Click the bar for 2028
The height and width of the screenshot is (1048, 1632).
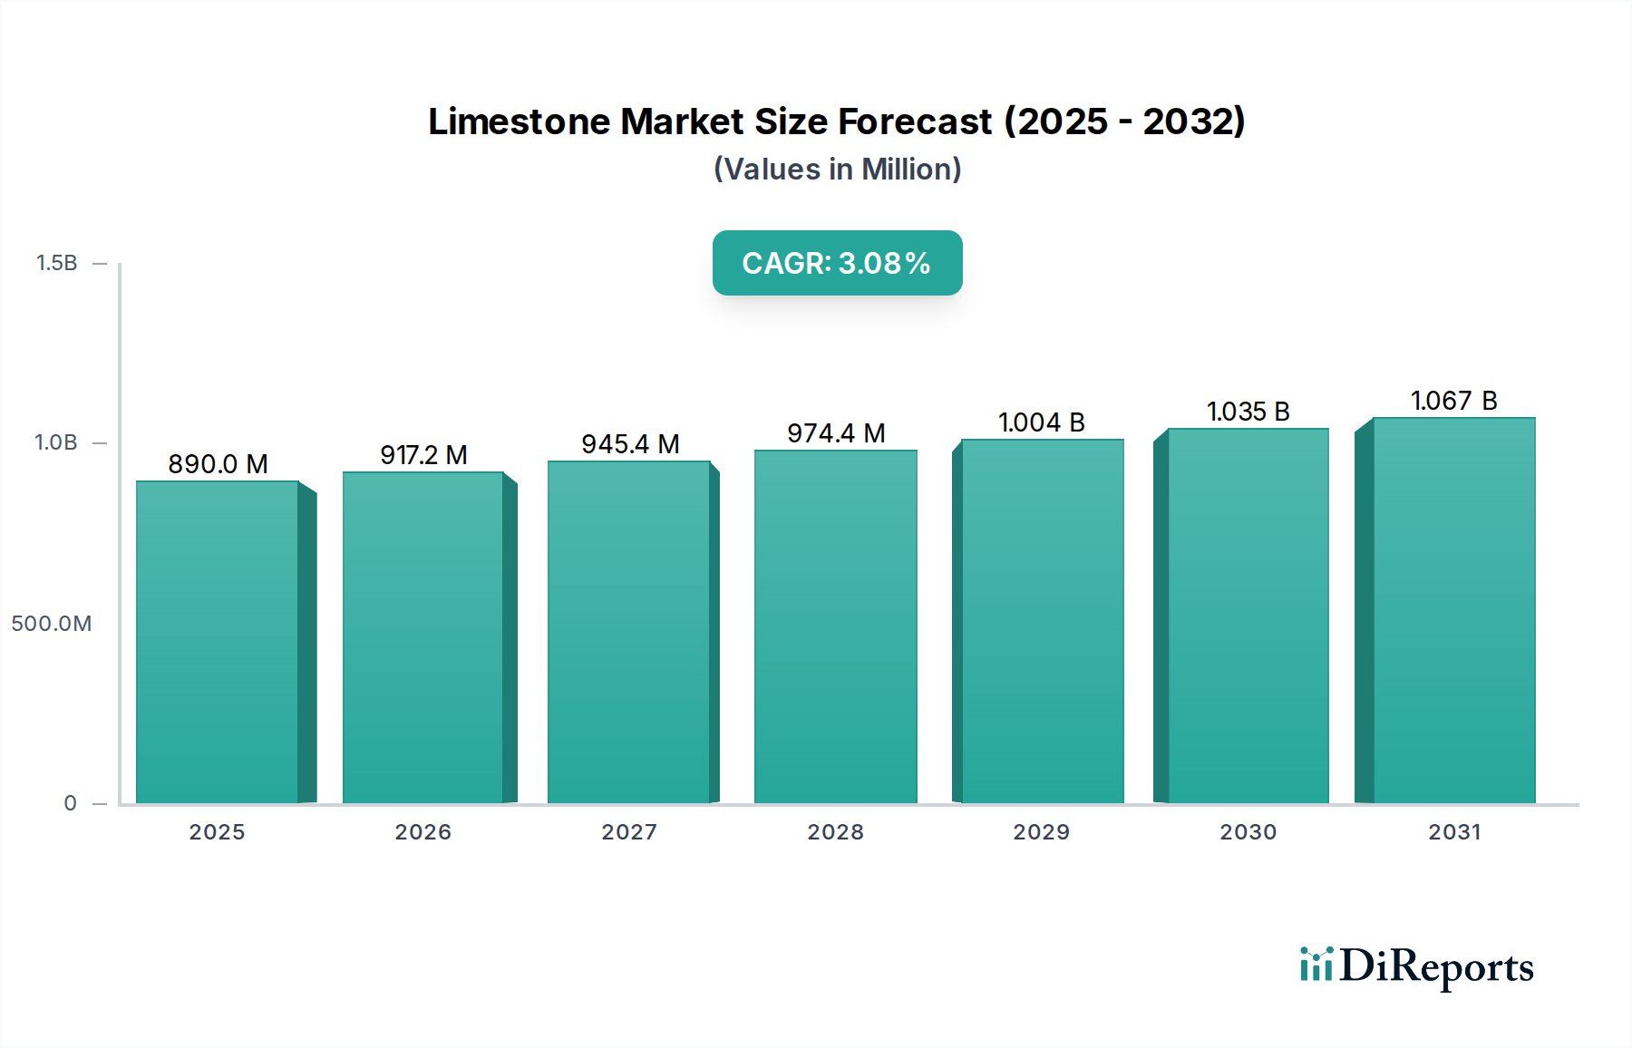tap(835, 626)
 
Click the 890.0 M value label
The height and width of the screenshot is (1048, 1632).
tap(218, 464)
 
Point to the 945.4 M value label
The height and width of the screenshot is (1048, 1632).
tap(630, 444)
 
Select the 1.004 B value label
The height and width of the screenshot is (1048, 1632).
tap(1041, 422)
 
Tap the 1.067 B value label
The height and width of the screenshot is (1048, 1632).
tap(1453, 401)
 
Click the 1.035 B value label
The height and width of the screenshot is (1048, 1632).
tap(1248, 412)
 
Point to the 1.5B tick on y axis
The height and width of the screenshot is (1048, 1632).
tap(56, 263)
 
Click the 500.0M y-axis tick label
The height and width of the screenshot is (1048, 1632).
tap(52, 624)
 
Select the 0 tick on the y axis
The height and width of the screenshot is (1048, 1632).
tap(70, 803)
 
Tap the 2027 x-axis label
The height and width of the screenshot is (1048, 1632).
tap(629, 832)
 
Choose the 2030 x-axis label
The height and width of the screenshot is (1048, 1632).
tap(1248, 832)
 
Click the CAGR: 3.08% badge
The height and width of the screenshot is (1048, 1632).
tap(837, 263)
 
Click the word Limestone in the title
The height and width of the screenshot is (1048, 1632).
tap(520, 121)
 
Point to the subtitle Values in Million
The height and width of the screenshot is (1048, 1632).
tap(837, 170)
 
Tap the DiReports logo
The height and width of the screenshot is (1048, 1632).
tap(1416, 966)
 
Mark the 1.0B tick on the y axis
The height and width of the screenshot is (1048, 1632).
tap(56, 442)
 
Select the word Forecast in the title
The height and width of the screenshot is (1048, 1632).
tap(915, 121)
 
